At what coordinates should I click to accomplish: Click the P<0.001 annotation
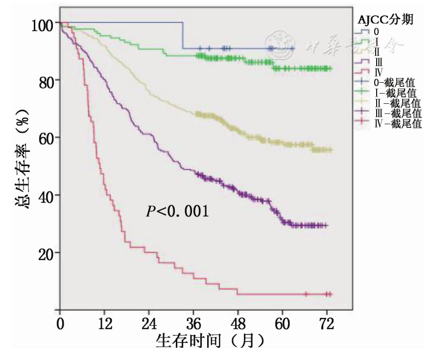pyautogui.click(x=178, y=212)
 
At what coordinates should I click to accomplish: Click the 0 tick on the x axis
pyautogui.click(x=60, y=324)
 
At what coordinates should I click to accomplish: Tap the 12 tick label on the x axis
pyautogui.click(x=104, y=324)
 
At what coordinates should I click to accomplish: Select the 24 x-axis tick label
pyautogui.click(x=149, y=324)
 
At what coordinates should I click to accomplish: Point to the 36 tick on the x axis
pyautogui.click(x=193, y=324)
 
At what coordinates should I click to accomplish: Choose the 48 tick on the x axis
pyautogui.click(x=238, y=324)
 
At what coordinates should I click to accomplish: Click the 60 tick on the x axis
pyautogui.click(x=283, y=324)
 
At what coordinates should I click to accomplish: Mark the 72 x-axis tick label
pyautogui.click(x=327, y=324)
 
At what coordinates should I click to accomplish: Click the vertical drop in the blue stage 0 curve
pyautogui.click(x=183, y=35)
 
